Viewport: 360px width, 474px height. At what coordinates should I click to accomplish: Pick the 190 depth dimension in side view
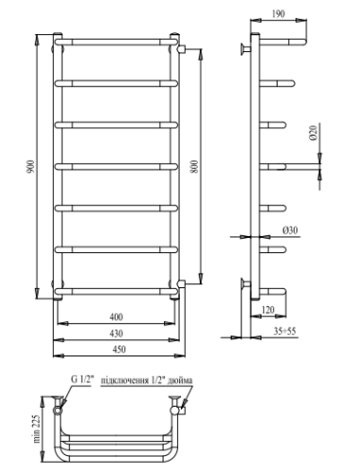point(277,15)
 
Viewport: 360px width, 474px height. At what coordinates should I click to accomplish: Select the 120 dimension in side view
point(268,309)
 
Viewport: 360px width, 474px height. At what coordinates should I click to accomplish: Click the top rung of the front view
point(117,42)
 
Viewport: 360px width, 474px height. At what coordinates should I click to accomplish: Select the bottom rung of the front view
point(117,290)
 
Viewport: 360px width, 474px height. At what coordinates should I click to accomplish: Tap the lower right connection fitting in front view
point(181,282)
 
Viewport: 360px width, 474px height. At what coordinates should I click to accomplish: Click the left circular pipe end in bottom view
point(61,411)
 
